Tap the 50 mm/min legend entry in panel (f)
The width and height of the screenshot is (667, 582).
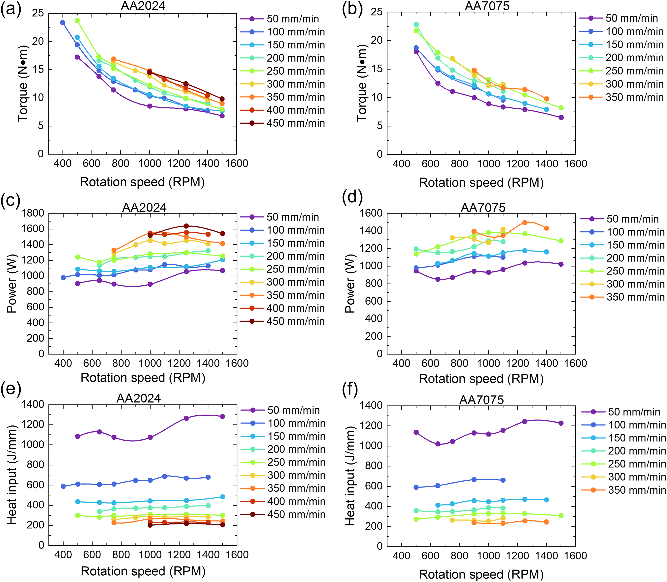[x=621, y=412]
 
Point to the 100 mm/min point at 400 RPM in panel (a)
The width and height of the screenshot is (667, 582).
[x=63, y=22]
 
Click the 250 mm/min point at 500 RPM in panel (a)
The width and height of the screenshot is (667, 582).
[x=77, y=20]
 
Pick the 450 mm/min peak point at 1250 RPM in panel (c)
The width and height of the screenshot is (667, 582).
[x=186, y=226]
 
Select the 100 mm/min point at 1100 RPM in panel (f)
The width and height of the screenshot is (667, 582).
[x=503, y=480]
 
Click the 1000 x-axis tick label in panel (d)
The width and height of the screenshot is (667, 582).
[x=488, y=363]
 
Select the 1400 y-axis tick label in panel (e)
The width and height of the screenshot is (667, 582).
[x=33, y=404]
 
